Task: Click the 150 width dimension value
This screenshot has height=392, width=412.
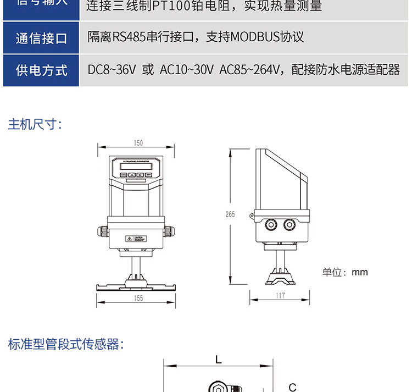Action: click(138, 143)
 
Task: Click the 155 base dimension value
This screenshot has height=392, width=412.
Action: click(138, 298)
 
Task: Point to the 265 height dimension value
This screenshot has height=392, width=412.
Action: click(230, 214)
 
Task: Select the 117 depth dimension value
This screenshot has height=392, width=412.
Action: click(280, 295)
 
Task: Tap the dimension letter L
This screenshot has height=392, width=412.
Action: click(219, 360)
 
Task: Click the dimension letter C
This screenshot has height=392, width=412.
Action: click(292, 387)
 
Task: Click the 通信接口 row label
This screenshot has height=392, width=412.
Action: click(41, 38)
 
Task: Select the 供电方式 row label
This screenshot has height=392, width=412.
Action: click(41, 70)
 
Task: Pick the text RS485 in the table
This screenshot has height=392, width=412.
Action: click(130, 37)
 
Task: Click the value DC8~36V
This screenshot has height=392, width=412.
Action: click(112, 69)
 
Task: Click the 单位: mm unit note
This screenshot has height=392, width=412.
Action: click(344, 272)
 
